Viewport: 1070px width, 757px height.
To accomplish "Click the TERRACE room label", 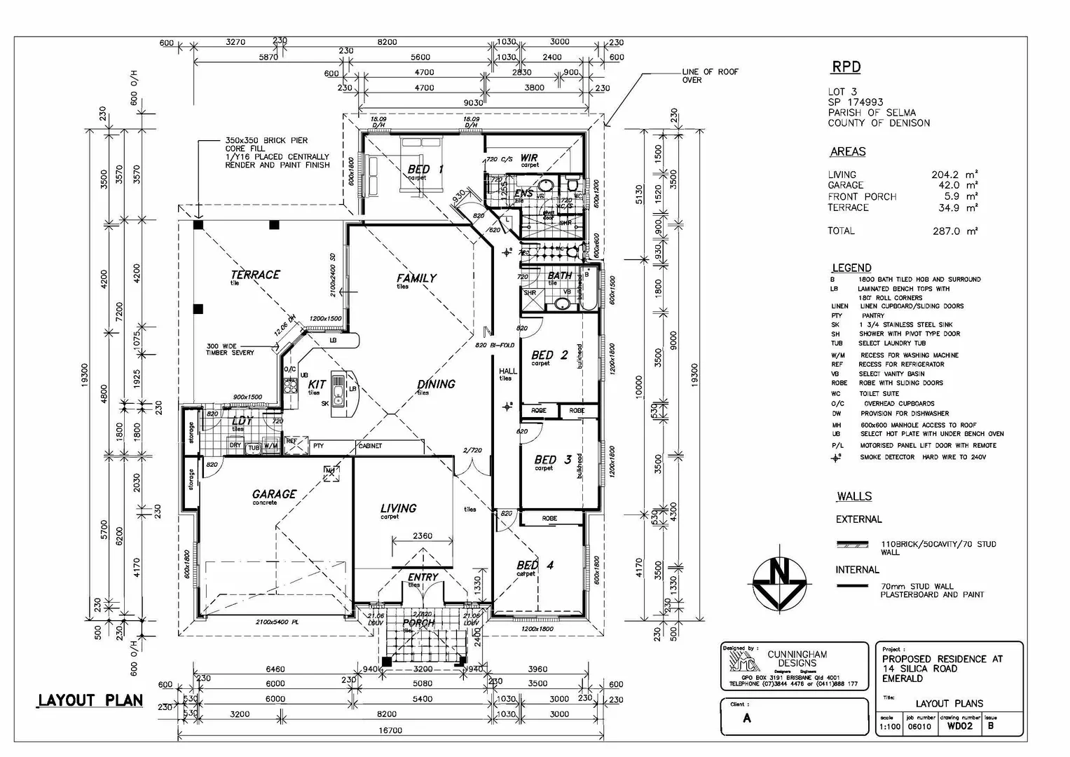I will (x=256, y=275).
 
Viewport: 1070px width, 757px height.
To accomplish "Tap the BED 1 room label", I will (x=425, y=169).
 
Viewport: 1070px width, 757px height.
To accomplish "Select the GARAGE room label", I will (x=274, y=494).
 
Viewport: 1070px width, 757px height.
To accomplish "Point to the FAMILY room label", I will (x=416, y=278).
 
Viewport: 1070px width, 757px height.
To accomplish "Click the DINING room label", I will (x=436, y=384).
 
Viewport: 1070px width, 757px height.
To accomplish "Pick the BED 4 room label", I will (x=535, y=565).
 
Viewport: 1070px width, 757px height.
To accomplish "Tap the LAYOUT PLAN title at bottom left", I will (x=90, y=700).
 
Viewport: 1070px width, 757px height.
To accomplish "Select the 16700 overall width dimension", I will (x=390, y=730).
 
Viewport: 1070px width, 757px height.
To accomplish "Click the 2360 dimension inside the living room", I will (x=422, y=536).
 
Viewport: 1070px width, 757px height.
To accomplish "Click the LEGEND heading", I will (x=851, y=268).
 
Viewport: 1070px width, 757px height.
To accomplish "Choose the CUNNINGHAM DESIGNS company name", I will (x=797, y=659).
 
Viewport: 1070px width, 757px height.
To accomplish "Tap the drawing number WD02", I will (x=959, y=726).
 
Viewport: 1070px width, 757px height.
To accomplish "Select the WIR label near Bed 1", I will (x=529, y=158).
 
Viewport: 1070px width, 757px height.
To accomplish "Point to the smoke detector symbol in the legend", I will (x=835, y=457).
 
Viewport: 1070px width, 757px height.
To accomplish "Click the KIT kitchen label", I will (x=317, y=384).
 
